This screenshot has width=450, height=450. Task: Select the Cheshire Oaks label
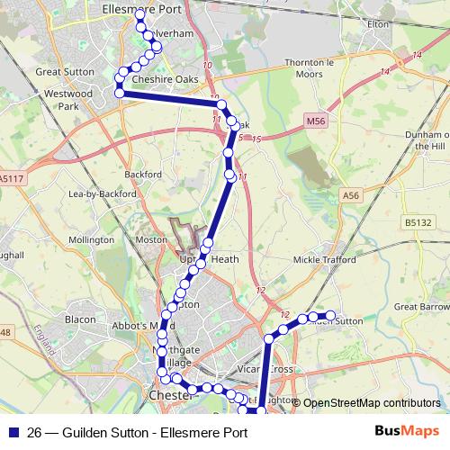pos(165,79)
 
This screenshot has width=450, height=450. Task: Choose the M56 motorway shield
pos(313,121)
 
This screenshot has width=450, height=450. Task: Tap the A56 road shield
pos(350,194)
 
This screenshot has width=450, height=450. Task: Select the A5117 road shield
pos(12,179)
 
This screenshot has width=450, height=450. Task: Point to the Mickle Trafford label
pos(328,260)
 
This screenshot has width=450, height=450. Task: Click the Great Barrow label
pos(421,307)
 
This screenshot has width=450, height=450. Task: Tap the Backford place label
pos(143,174)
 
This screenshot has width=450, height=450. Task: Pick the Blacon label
pos(80,319)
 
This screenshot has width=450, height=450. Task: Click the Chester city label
pos(170,395)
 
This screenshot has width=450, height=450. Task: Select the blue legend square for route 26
pos(12,432)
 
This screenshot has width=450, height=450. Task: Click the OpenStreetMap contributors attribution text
pos(372,403)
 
